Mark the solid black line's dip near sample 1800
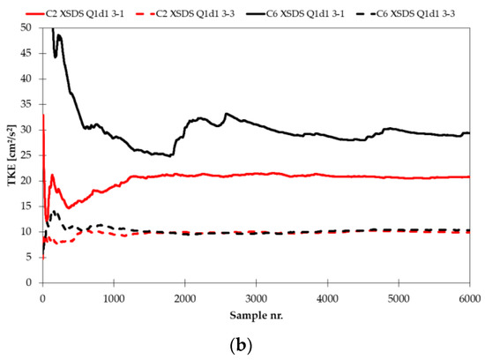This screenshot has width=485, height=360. (170, 155)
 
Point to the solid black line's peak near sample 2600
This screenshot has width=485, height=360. (227, 113)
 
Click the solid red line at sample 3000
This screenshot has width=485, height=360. (256, 173)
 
